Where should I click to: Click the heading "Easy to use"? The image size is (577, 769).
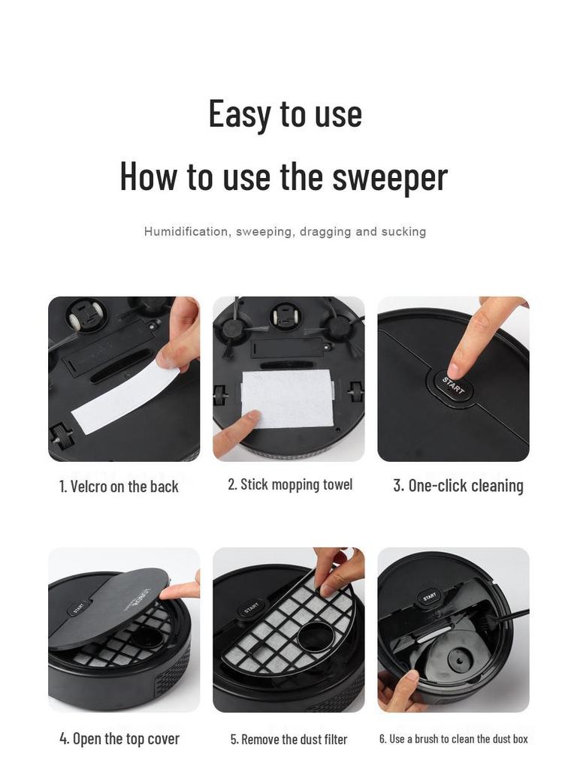point(285,114)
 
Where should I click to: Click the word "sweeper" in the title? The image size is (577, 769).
point(390,176)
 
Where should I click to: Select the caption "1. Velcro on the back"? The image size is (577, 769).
point(119,487)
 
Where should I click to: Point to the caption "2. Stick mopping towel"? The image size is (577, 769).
point(290,484)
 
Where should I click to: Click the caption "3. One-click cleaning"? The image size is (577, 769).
point(458,486)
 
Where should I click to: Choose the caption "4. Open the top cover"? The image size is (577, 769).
point(119,738)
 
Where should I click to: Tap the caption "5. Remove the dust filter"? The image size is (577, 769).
point(289,739)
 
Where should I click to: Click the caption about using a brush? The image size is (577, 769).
point(453,739)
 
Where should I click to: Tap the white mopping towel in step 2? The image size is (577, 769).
point(288,398)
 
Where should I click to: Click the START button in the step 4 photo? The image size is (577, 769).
point(79,608)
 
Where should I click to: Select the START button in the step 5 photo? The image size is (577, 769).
point(251,608)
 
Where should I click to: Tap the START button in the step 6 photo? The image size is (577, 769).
point(429,596)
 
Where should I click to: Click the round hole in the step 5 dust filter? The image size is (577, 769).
point(315,637)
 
